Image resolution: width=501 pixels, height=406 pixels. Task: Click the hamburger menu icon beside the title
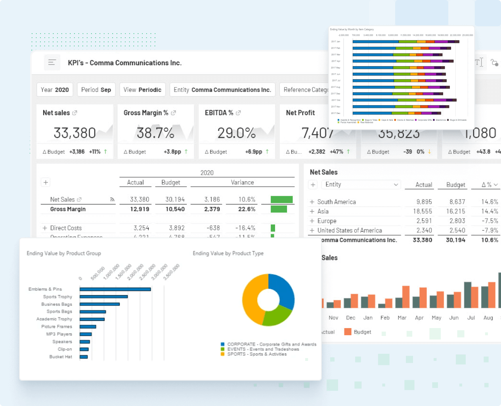coord(52,63)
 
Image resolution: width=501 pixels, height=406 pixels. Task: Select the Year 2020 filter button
coord(55,90)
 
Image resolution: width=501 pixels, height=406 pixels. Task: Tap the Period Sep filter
coord(96,90)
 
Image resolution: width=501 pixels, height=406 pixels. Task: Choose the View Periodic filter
coord(142,90)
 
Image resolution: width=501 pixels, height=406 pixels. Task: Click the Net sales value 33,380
coord(75,133)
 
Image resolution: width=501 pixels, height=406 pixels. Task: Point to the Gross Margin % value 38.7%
coord(155,133)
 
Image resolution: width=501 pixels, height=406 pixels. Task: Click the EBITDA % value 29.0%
coord(237,133)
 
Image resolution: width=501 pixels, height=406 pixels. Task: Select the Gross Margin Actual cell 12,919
coord(140,209)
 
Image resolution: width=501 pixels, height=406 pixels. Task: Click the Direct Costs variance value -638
coord(213,228)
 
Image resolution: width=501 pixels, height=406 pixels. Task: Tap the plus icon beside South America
coord(312,202)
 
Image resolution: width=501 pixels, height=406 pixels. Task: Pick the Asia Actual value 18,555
coord(422,211)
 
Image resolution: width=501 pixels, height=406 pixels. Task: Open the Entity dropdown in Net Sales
coord(361,184)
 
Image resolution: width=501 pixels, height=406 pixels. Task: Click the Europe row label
coord(327,221)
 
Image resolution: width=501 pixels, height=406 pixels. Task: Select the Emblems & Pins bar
coord(115,289)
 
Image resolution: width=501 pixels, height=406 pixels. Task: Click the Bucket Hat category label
coord(61,357)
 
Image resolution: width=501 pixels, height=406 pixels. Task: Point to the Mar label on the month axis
coord(402,318)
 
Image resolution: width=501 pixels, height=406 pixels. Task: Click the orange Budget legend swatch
coord(348,332)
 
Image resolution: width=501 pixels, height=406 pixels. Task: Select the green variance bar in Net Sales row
coord(281,199)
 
